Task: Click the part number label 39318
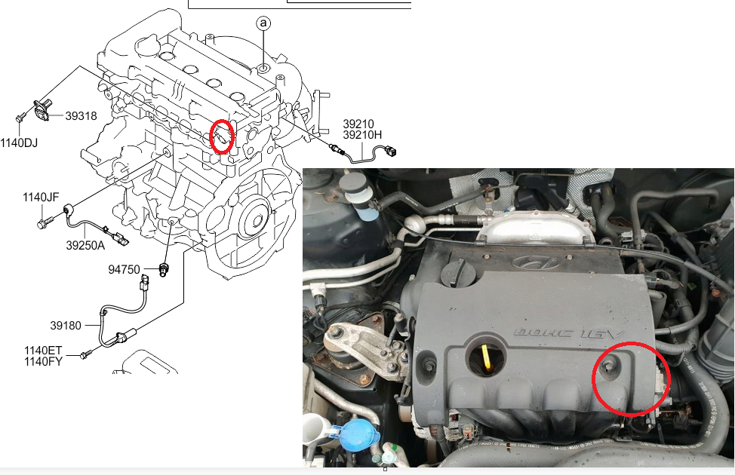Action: click(x=81, y=116)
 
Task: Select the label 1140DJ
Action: click(x=18, y=142)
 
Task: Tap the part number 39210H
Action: click(x=363, y=135)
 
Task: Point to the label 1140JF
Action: click(x=40, y=198)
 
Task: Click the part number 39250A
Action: click(x=85, y=245)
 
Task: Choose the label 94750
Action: click(x=125, y=268)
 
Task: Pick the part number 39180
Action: click(x=66, y=326)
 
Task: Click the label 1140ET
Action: click(x=63, y=351)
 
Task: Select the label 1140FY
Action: click(x=63, y=362)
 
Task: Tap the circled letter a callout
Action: click(x=263, y=24)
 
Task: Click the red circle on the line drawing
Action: click(x=222, y=136)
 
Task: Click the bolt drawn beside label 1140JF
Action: click(x=42, y=223)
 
